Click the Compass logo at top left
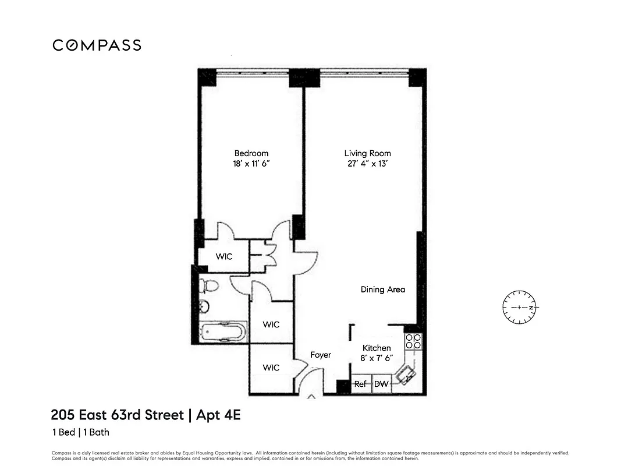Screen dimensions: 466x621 (97, 45)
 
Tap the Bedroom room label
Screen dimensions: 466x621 (251, 153)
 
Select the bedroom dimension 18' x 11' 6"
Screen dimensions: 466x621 (251, 164)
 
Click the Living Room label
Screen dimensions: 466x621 (367, 153)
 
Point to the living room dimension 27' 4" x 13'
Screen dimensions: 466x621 (367, 164)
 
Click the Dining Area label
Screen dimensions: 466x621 (382, 289)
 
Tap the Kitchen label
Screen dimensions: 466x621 (377, 348)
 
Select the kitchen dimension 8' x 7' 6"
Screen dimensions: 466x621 (377, 358)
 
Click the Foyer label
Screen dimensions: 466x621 (320, 355)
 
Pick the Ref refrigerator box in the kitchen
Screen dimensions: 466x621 (361, 384)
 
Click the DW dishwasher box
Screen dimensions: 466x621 (381, 384)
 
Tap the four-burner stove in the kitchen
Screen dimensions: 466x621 (413, 341)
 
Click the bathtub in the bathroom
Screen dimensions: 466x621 (222, 333)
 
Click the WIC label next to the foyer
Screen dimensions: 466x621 (271, 368)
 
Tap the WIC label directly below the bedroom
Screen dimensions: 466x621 (224, 257)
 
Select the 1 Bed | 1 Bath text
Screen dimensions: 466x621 (80, 432)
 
